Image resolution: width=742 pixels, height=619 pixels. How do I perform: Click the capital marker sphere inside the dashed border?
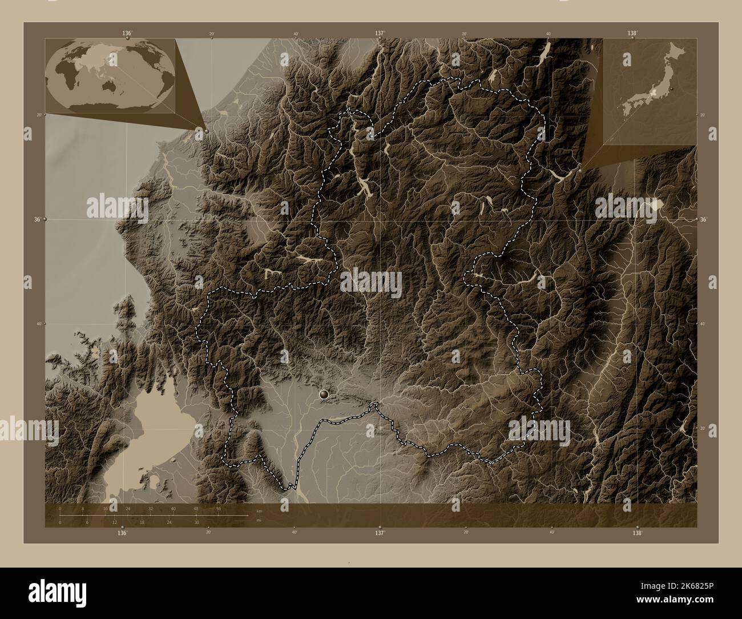tap(325, 393)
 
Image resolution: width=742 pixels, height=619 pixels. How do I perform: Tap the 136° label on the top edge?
tap(126, 34)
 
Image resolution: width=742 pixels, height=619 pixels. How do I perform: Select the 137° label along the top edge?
tap(379, 34)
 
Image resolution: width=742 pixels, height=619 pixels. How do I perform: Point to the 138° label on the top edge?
tap(632, 34)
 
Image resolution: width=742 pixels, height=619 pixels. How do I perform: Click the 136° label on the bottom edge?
tap(122, 533)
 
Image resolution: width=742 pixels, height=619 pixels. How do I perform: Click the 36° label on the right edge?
tap(703, 219)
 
